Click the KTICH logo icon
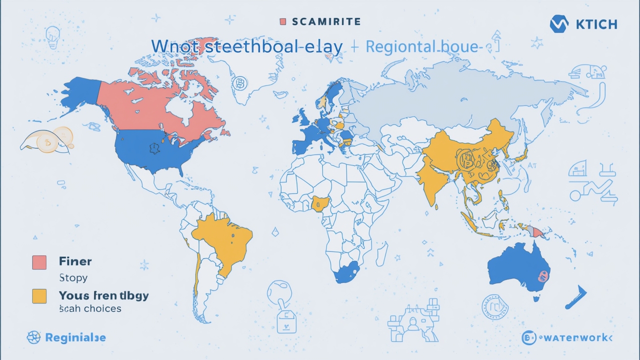point(559,24)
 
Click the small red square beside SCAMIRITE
point(283,21)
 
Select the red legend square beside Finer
point(39,262)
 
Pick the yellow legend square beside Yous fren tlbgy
point(39,295)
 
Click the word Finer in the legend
point(75,261)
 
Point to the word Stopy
point(73,277)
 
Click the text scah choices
point(90,308)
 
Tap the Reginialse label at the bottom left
point(75,337)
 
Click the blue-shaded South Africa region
point(346,272)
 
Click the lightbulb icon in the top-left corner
point(51,36)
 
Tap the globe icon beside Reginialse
point(33,337)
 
